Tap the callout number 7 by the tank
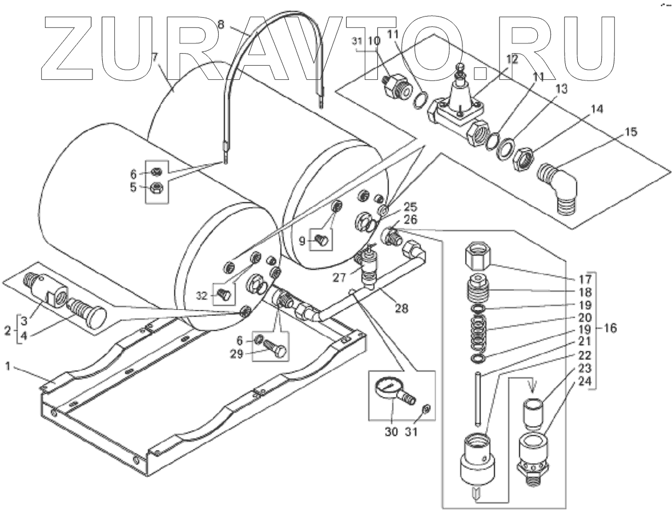155,58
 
